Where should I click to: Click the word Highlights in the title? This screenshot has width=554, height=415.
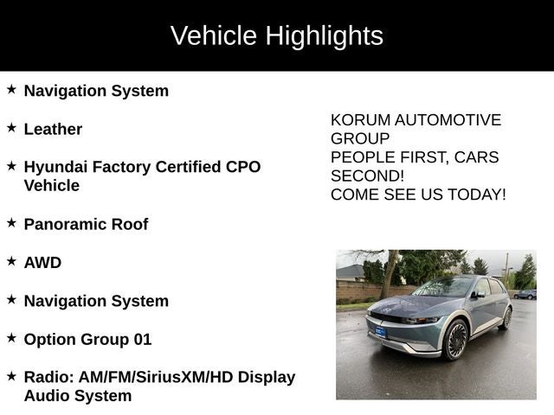[324, 35]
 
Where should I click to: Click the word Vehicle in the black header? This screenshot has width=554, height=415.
[213, 35]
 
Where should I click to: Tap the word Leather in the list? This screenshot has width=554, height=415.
[53, 129]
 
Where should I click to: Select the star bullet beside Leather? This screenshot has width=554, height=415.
[11, 127]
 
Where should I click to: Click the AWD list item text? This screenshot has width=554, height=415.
[42, 262]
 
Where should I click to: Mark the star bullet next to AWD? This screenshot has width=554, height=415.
[11, 260]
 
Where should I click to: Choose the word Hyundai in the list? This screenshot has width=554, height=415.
[55, 166]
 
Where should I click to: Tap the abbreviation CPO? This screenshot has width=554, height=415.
[242, 166]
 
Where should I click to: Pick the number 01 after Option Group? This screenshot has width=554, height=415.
[142, 339]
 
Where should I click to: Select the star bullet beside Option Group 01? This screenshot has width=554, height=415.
[11, 337]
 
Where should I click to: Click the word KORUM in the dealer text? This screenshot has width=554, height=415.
[358, 120]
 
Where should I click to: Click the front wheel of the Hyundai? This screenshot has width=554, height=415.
[455, 340]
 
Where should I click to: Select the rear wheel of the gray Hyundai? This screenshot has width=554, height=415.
[506, 317]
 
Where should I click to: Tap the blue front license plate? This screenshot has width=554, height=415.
[379, 332]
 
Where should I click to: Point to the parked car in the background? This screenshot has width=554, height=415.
[525, 294]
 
